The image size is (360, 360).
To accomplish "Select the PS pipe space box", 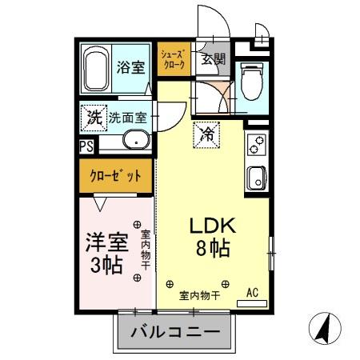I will pyautogui.click(x=86, y=146).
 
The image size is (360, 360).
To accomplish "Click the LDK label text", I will pyautogui.click(x=210, y=226).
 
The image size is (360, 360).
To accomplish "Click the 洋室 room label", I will pyautogui.click(x=107, y=241).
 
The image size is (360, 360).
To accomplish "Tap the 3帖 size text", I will pyautogui.click(x=107, y=265).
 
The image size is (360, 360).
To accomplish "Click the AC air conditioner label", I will pyautogui.click(x=252, y=293).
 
